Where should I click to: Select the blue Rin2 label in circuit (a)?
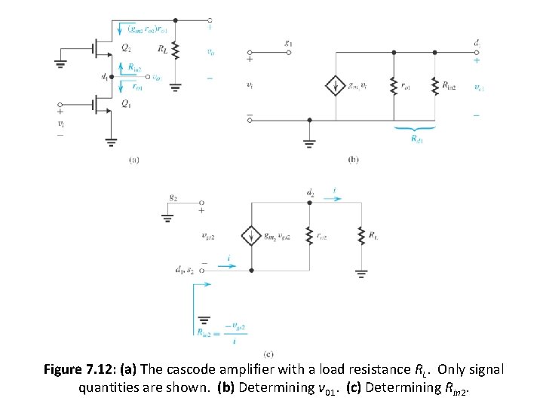(134, 68)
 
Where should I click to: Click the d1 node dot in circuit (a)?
(112, 76)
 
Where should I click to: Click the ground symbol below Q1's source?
(112, 142)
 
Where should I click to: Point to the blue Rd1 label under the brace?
(415, 139)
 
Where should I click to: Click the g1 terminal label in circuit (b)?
(289, 44)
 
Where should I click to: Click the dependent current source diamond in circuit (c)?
(251, 236)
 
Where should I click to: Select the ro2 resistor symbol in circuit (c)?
(309, 236)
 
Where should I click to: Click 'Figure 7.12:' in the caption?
(80, 370)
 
